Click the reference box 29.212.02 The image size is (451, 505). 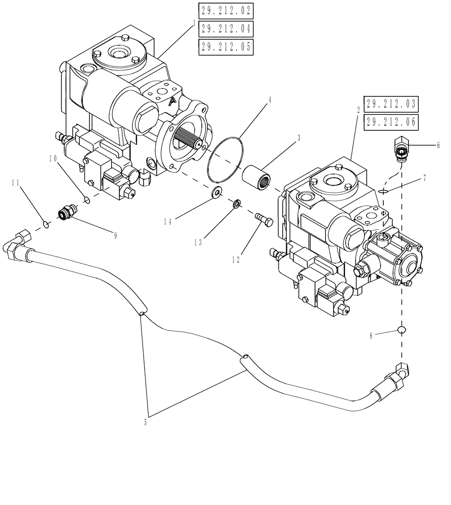(225, 10)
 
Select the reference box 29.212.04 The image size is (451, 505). (225, 28)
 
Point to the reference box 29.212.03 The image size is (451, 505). (392, 104)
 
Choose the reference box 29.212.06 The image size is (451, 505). (392, 122)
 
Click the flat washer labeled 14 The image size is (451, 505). (218, 191)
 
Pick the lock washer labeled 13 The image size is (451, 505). (236, 204)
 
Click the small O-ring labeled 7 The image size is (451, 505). (384, 191)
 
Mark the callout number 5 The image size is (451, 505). (146, 423)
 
